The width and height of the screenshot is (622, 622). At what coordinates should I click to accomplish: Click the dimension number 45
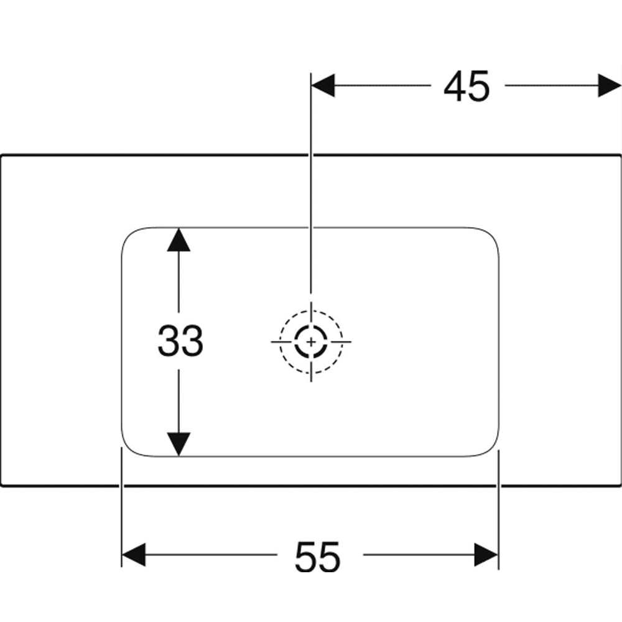pyautogui.click(x=466, y=86)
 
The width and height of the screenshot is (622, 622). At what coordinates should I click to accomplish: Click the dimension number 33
pyautogui.click(x=180, y=340)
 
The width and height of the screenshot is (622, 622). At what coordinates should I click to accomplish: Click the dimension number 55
pyautogui.click(x=317, y=556)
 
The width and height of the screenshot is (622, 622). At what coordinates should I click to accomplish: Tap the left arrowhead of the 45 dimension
pyautogui.click(x=323, y=85)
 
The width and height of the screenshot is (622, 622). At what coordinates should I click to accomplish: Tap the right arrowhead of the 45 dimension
pyautogui.click(x=610, y=85)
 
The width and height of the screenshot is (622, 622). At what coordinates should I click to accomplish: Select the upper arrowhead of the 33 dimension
pyautogui.click(x=179, y=239)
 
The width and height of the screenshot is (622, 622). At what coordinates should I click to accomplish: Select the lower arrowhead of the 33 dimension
pyautogui.click(x=179, y=444)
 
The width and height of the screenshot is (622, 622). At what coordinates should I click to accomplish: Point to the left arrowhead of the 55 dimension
pyautogui.click(x=133, y=555)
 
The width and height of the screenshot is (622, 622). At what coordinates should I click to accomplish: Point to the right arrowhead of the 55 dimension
pyautogui.click(x=486, y=555)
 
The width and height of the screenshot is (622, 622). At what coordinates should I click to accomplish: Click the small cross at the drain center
pyautogui.click(x=311, y=341)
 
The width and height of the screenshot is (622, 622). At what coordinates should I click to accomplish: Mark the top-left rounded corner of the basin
pyautogui.click(x=130, y=236)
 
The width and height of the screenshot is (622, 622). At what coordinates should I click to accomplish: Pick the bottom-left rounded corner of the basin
pyautogui.click(x=130, y=448)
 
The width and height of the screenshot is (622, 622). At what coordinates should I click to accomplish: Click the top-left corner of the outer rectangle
pyautogui.click(x=1, y=155)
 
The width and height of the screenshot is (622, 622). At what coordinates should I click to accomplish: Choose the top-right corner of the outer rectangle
pyautogui.click(x=620, y=155)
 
